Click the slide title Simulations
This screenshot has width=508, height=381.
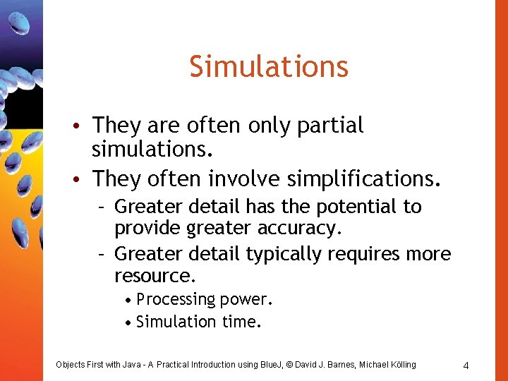coord(269,67)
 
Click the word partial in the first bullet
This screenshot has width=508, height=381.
coord(330,126)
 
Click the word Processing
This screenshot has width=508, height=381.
coord(176,300)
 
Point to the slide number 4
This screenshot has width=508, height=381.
coord(466,365)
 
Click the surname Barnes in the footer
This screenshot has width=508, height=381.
coord(338,365)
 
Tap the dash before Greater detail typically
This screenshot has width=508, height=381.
coord(102,253)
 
